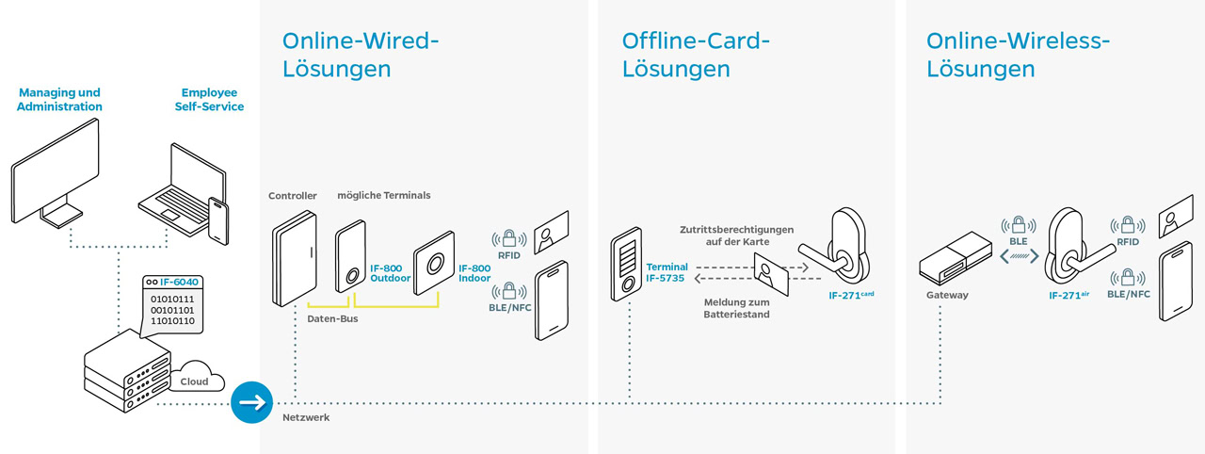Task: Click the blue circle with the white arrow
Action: point(250,403)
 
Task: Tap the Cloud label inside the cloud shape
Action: point(195,381)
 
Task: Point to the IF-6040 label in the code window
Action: point(179,282)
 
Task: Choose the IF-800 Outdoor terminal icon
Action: point(350,257)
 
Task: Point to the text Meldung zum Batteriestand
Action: point(736,308)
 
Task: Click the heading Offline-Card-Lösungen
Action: point(696,55)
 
